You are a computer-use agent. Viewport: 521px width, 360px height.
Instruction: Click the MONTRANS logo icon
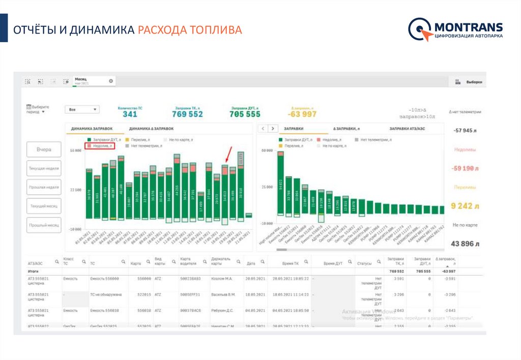pos(420,29)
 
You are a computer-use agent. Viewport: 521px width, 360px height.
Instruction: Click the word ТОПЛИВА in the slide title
pos(216,30)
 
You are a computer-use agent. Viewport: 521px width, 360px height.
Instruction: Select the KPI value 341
pos(130,114)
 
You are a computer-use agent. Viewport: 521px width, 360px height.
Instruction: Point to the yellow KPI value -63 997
pos(304,114)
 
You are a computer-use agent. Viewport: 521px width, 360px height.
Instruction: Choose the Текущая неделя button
pos(44,168)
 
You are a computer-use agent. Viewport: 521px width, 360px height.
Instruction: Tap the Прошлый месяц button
pos(44,225)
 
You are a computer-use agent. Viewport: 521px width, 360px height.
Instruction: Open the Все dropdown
pos(82,109)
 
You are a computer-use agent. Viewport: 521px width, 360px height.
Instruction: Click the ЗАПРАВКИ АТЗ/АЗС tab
pos(407,129)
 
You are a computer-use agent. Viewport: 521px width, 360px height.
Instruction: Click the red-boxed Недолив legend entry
pos(100,145)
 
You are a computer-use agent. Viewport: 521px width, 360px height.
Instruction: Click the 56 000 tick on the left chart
pos(76,151)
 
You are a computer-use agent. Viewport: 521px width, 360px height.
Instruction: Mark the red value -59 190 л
pos(465,168)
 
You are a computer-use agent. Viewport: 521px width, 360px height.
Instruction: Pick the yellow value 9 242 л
pos(465,206)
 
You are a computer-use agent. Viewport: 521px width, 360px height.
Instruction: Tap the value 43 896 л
pos(465,244)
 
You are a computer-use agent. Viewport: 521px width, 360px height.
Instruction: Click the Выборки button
pos(469,81)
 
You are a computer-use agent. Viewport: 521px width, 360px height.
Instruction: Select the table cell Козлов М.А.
pos(222,279)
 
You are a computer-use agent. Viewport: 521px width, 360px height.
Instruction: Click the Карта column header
pos(136,263)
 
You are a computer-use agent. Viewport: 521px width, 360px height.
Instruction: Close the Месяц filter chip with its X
pos(111,81)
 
